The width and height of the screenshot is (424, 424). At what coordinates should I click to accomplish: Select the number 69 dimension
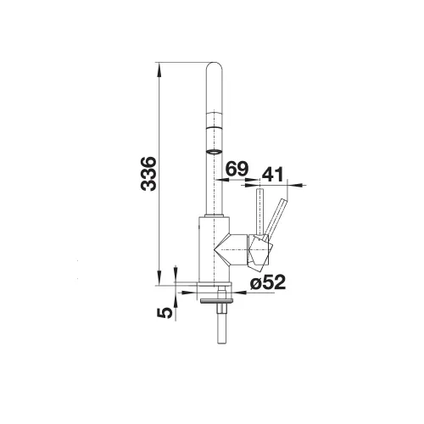click(237, 169)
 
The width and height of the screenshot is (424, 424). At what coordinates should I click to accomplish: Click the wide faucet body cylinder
click(213, 250)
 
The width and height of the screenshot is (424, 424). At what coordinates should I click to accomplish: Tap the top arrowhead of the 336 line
click(160, 69)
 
